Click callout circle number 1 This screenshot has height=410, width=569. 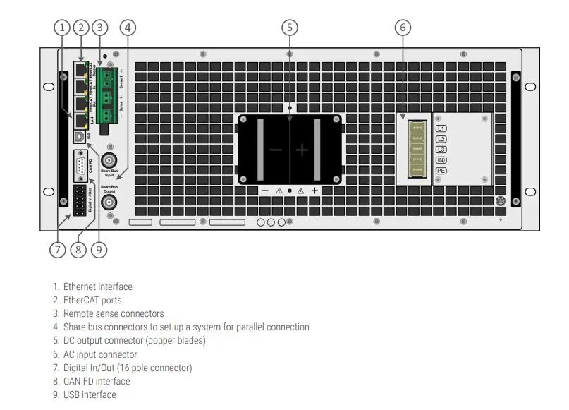point(63,28)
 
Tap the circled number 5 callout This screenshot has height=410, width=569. point(289,28)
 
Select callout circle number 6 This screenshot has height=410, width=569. point(403,28)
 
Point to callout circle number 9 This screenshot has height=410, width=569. point(99,249)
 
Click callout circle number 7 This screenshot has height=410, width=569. point(58,249)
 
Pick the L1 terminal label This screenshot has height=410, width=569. point(441,128)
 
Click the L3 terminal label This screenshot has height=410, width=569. point(441,150)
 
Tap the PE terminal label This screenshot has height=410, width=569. point(441,171)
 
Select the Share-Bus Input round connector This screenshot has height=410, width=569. point(109,159)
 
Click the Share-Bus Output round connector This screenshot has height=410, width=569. point(109,203)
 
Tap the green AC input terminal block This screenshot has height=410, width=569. point(417,149)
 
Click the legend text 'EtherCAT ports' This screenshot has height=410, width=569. point(92,300)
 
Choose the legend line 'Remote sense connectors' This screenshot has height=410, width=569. point(113,313)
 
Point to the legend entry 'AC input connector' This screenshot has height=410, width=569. point(100,354)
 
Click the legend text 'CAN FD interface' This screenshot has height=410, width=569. point(97,381)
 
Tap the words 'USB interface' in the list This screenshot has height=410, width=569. point(90,394)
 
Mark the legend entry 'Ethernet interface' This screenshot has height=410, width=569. point(97,287)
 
